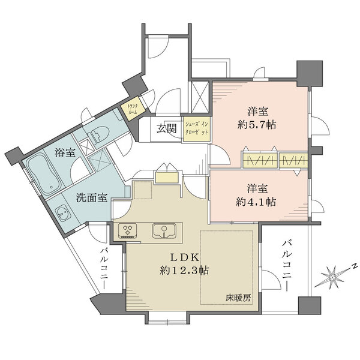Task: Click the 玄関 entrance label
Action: pyautogui.click(x=167, y=128)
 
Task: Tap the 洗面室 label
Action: pyautogui.click(x=92, y=197)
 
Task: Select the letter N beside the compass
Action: pyautogui.click(x=354, y=265)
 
